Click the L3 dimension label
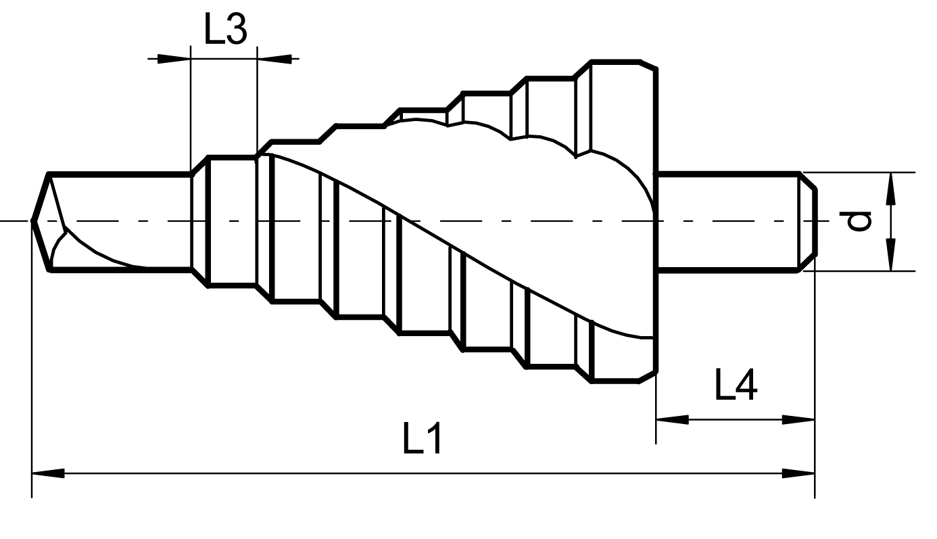(x=226, y=31)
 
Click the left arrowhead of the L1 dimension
(x=47, y=473)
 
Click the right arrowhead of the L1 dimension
(x=800, y=473)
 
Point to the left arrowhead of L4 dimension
(x=671, y=419)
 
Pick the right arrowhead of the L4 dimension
(x=800, y=419)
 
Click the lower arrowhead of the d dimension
(x=891, y=256)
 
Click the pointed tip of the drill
(x=34, y=220)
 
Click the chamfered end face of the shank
(x=809, y=221)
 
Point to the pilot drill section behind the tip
(x=122, y=203)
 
